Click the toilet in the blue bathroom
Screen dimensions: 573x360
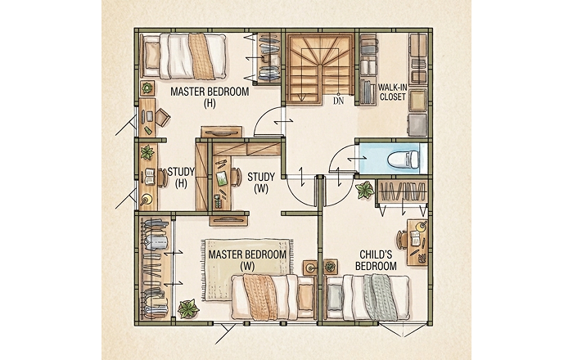pyautogui.click(x=403, y=160)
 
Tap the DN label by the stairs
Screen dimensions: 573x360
pyautogui.click(x=339, y=101)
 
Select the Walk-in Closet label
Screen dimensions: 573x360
pyautogui.click(x=392, y=92)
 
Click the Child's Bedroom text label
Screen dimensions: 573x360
pyautogui.click(x=376, y=260)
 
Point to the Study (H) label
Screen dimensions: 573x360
pyautogui.click(x=181, y=177)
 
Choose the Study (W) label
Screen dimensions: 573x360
pyautogui.click(x=261, y=183)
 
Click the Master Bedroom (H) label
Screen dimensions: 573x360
pyautogui.click(x=210, y=97)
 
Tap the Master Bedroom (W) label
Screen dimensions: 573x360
pyautogui.click(x=247, y=260)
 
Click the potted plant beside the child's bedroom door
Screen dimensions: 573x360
pyautogui.click(x=365, y=190)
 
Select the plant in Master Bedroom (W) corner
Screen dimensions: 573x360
pyautogui.click(x=188, y=309)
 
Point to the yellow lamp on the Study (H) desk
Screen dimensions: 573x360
pyautogui.click(x=147, y=199)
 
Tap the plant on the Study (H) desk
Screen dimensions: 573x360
pyautogui.click(x=147, y=152)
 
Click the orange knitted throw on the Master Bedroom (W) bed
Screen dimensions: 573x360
pyautogui.click(x=259, y=296)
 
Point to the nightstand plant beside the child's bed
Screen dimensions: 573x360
pyautogui.click(x=331, y=267)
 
